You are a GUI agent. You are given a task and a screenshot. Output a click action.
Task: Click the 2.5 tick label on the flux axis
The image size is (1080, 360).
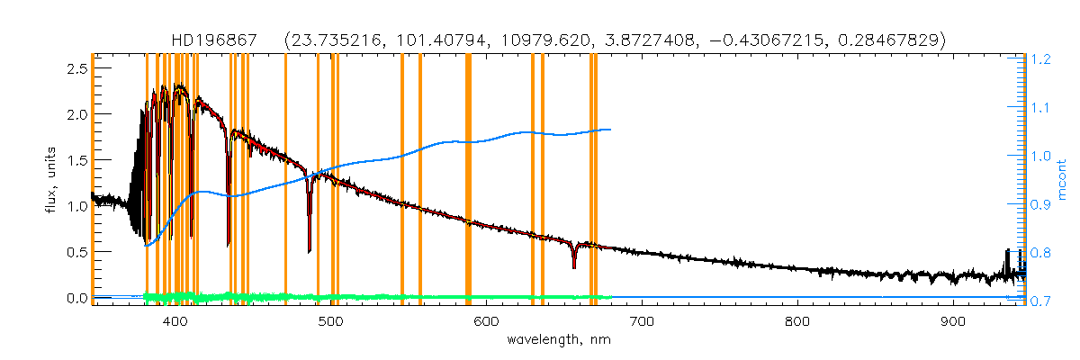pyautogui.click(x=77, y=69)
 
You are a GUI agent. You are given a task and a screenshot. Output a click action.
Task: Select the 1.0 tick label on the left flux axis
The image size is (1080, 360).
pyautogui.click(x=77, y=206)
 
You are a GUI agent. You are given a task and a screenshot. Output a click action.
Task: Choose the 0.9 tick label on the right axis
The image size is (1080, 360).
pyautogui.click(x=1041, y=205)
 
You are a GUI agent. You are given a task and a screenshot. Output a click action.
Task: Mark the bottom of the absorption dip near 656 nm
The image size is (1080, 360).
pyautogui.click(x=574, y=267)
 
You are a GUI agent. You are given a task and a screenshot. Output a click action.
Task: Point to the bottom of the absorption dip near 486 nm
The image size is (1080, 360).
pyautogui.click(x=309, y=252)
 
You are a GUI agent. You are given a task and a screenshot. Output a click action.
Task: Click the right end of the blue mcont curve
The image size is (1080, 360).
pyautogui.click(x=611, y=130)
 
